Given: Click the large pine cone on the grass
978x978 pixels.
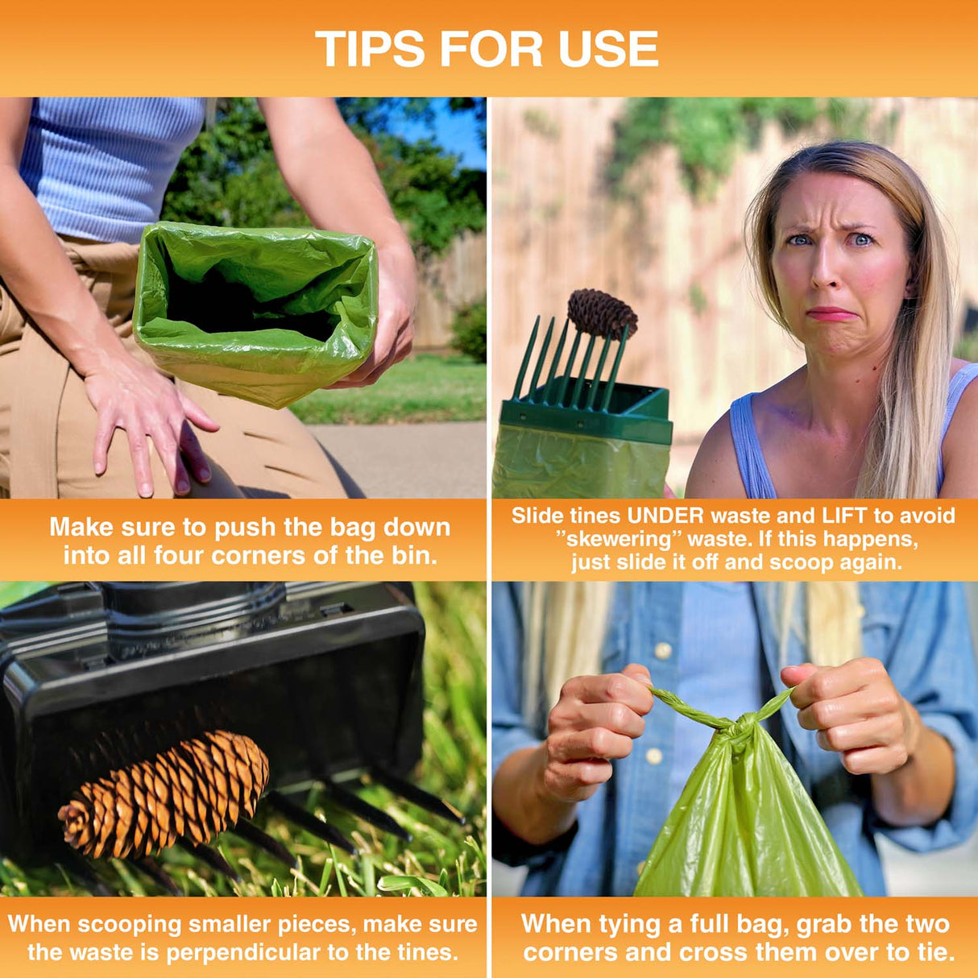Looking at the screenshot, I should click(x=165, y=793).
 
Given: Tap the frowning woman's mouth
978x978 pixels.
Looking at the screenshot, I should click(x=831, y=313).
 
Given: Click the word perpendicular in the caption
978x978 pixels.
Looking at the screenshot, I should click(x=243, y=952).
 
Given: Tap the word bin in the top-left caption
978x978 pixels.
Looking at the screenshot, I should click(x=416, y=555).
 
